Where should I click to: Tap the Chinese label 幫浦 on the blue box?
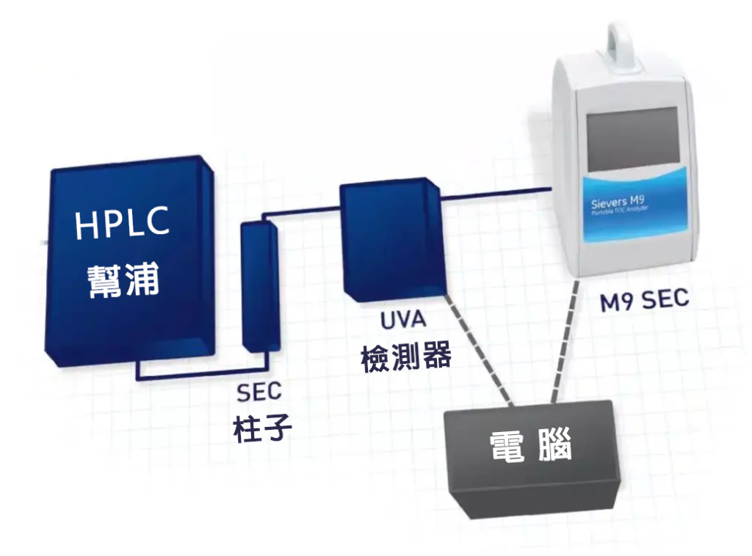pos(123,279)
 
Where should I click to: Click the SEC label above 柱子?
pos(258,392)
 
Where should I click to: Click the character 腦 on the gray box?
pos(555,446)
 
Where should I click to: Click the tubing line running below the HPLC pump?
pos(198,377)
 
